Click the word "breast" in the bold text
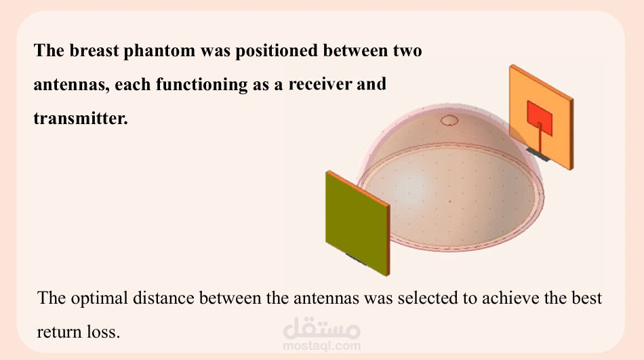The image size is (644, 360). tap(94, 51)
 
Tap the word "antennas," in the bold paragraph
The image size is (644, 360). tap(71, 85)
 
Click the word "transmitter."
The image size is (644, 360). tap(81, 119)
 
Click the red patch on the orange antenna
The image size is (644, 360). tap(540, 119)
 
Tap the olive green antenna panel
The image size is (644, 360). tap(357, 222)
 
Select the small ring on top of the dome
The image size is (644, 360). tap(449, 121)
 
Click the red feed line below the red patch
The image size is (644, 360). tap(540, 138)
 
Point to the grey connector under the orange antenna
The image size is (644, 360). tap(538, 155)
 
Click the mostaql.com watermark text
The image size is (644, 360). tap(321, 346)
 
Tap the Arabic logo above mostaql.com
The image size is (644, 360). tap(321, 327)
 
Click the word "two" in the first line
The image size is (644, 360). tap(407, 52)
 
